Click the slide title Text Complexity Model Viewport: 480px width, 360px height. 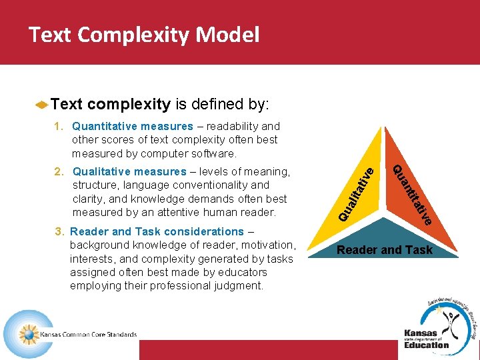coord(144,35)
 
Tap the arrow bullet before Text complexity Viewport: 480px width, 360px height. coord(41,105)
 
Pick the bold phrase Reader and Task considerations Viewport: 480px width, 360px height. coord(157,231)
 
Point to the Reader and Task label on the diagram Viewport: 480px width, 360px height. coord(385,250)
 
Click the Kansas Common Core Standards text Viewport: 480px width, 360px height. coord(89,335)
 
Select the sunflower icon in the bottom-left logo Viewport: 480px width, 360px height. coord(28,334)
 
